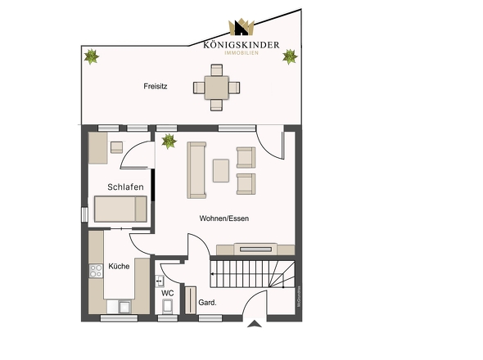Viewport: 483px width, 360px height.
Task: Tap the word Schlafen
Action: [125, 187]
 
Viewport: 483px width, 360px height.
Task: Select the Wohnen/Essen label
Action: [223, 218]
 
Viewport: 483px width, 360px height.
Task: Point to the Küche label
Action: [119, 266]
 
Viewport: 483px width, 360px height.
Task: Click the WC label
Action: [167, 292]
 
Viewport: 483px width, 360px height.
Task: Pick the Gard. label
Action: [208, 303]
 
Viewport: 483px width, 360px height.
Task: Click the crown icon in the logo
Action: [241, 29]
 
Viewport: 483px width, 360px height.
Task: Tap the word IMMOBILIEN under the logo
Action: [241, 52]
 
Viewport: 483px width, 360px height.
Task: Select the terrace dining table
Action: [217, 87]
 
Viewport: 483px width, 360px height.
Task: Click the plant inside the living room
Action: [169, 142]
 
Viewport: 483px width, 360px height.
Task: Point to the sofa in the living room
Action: [196, 170]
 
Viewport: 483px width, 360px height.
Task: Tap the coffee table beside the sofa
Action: [221, 170]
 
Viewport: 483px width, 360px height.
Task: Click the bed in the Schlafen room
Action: [120, 209]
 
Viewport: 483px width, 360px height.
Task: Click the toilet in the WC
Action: [167, 307]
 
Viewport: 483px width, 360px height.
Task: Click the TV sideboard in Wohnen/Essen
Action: [255, 250]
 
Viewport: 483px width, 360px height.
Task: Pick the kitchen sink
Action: [124, 308]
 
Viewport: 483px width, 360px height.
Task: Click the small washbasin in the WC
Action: [160, 280]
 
